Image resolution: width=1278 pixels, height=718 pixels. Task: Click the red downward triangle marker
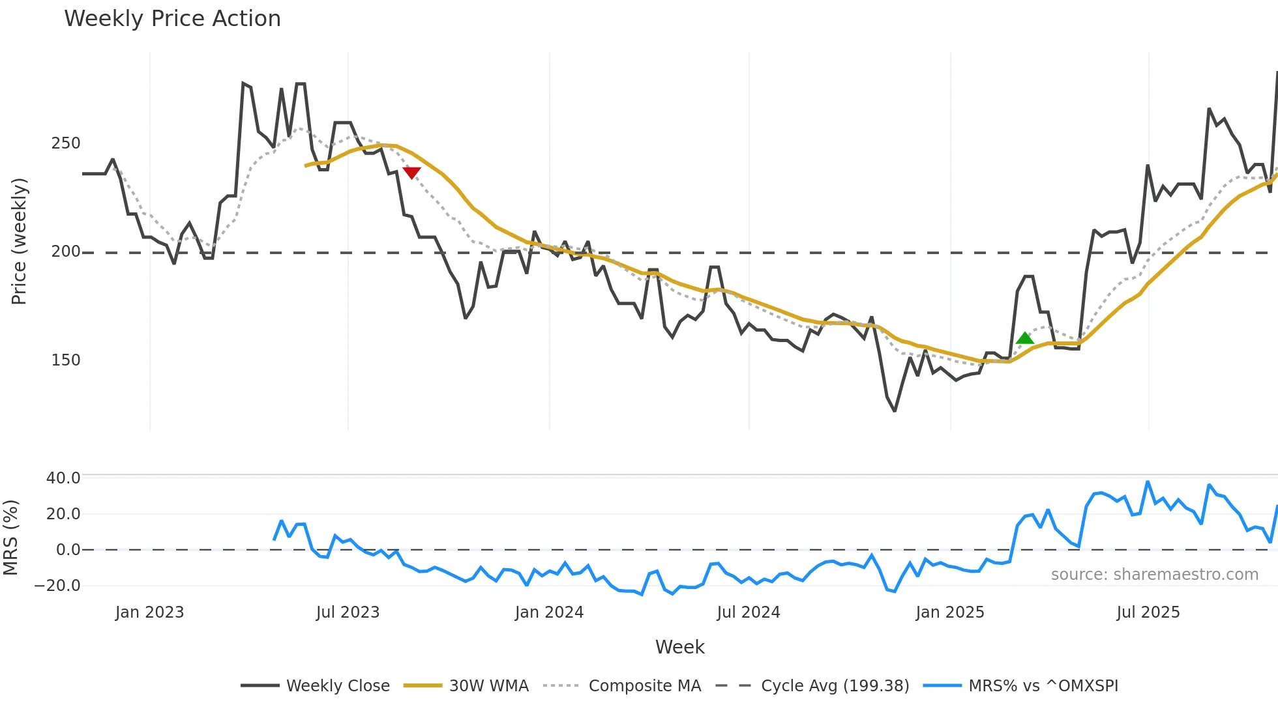click(411, 173)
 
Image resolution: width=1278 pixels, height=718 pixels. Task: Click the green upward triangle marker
click(1025, 338)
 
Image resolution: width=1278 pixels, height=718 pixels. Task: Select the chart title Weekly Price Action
click(172, 19)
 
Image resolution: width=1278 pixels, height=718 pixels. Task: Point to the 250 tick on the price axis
click(65, 143)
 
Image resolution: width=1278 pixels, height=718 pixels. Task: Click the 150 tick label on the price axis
click(65, 360)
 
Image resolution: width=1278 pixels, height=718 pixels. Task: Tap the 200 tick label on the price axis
click(65, 251)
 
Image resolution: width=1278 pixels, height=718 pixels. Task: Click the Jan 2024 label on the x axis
click(549, 612)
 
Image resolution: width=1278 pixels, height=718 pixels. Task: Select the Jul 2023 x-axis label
click(348, 612)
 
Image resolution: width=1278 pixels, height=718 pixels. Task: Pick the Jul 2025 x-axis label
click(1148, 612)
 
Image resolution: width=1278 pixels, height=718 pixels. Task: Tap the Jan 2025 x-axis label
click(949, 612)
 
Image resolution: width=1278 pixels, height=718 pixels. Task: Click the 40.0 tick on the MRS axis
click(63, 478)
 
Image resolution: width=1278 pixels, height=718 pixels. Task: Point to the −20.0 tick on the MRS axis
click(57, 586)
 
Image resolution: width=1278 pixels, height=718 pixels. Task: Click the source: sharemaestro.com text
click(1154, 575)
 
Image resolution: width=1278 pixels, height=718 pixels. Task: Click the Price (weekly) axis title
click(19, 241)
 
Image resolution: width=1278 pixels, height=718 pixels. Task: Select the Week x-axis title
click(679, 647)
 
